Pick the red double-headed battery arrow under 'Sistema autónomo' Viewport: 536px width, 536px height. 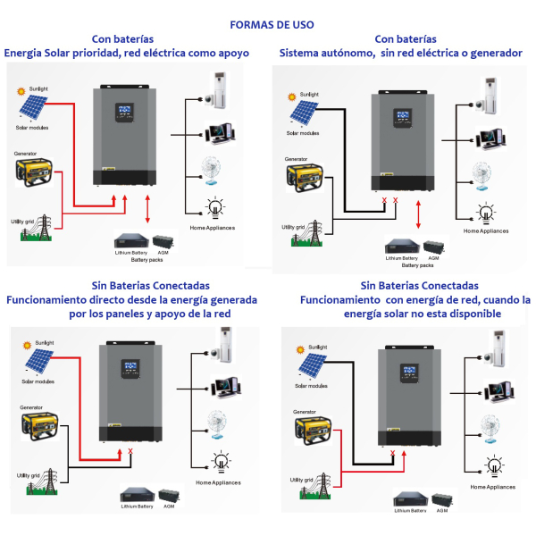tap(419, 215)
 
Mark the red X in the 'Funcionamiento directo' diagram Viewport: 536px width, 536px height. tap(131, 452)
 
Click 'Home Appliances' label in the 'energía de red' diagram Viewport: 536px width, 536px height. tap(492, 487)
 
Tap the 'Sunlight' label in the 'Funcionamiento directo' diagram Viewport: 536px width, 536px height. tap(46, 341)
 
